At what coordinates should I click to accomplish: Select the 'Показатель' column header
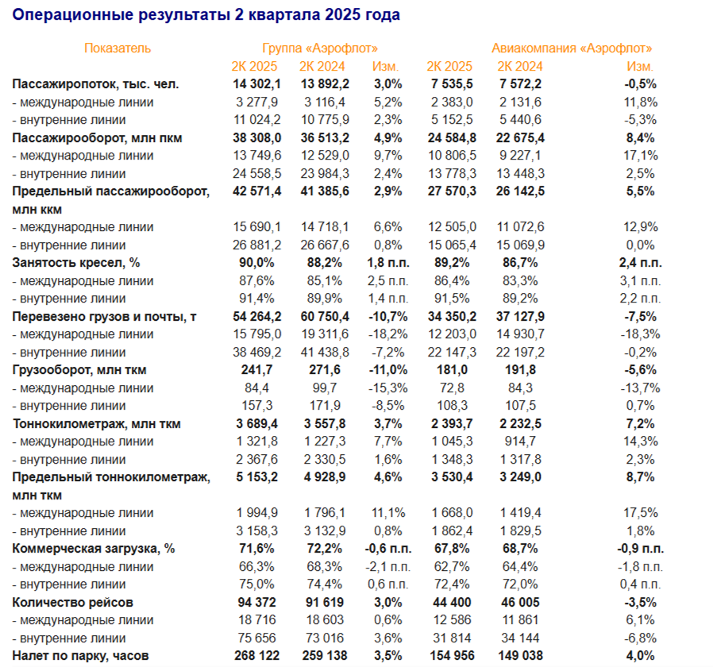pos(118,48)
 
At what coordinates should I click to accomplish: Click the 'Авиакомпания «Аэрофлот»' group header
pos(572,48)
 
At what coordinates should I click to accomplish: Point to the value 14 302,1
pos(256,84)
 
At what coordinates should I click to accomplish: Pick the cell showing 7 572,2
pos(520,84)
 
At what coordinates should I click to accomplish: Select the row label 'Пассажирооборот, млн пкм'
pos(98,137)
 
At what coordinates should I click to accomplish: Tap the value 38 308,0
pos(256,137)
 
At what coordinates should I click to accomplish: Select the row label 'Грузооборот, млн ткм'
pos(79,370)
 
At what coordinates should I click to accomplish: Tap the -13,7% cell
pos(639,388)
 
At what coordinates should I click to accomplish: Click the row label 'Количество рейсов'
pos(73,603)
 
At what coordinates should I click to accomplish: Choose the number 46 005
pos(520,603)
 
